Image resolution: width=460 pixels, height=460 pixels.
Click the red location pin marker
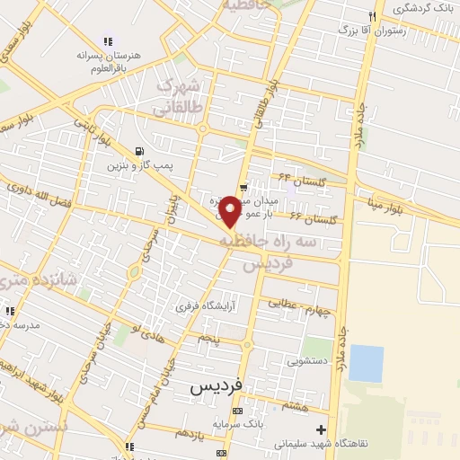coord(231,211)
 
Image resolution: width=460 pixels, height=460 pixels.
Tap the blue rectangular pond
coord(366,363)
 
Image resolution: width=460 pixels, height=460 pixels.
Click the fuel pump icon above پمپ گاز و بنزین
coord(137,152)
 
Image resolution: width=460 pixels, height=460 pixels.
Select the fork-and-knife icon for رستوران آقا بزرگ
coord(371,16)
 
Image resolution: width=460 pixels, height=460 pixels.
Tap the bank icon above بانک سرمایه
coord(236,409)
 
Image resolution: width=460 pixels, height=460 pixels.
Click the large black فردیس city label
coord(217,386)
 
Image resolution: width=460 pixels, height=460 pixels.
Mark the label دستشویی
coord(307,362)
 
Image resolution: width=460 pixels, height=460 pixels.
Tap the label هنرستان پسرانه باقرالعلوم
coord(109,58)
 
